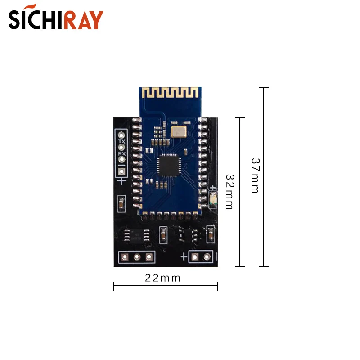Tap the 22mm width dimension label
[162, 278]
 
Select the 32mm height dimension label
[229, 192]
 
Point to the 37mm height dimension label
[255, 175]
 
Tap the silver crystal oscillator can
[179, 131]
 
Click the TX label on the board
[121, 141]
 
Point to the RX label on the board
[121, 153]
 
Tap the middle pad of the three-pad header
[136, 257]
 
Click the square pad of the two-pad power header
[195, 257]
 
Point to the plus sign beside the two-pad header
[184, 257]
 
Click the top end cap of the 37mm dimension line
[264, 88]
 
